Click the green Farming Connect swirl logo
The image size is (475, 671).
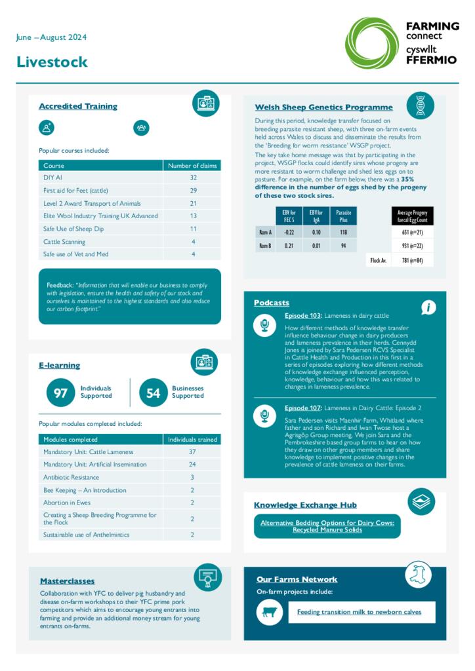click(371, 43)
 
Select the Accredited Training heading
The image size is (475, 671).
click(78, 106)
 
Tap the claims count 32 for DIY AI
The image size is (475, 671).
click(193, 178)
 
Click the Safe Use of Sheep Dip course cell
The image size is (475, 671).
click(74, 229)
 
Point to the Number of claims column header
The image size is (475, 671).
click(192, 166)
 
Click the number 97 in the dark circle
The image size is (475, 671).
click(60, 393)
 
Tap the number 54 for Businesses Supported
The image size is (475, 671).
click(153, 393)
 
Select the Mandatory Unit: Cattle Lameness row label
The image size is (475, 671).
click(88, 451)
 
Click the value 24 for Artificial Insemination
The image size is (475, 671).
click(192, 465)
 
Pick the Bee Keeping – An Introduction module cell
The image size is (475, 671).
click(85, 490)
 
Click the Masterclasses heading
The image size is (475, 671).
click(67, 581)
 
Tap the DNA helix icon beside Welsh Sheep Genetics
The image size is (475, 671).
click(420, 105)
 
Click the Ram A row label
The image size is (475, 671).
click(265, 232)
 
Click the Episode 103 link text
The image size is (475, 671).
click(302, 316)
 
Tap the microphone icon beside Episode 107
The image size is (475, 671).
click(264, 415)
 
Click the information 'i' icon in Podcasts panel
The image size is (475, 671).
click(428, 308)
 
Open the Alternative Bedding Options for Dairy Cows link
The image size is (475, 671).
click(327, 526)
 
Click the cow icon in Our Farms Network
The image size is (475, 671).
click(269, 612)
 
